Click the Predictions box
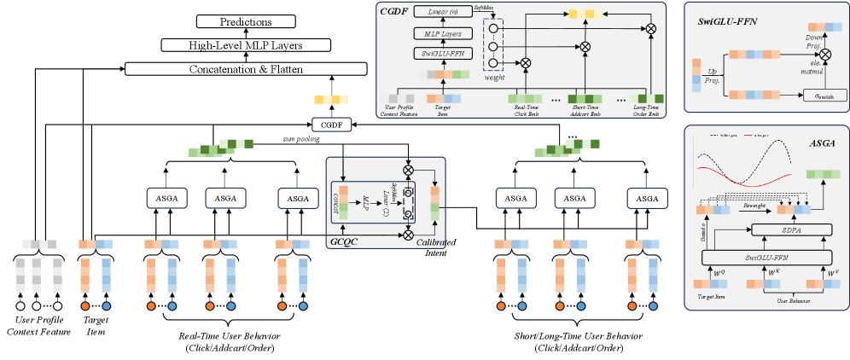247,20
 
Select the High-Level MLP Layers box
247,44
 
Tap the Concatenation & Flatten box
247,68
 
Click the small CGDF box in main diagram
326,125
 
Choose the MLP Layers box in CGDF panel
436,35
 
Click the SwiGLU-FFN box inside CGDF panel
436,54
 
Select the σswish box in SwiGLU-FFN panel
820,96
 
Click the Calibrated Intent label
436,247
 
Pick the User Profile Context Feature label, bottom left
34,325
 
